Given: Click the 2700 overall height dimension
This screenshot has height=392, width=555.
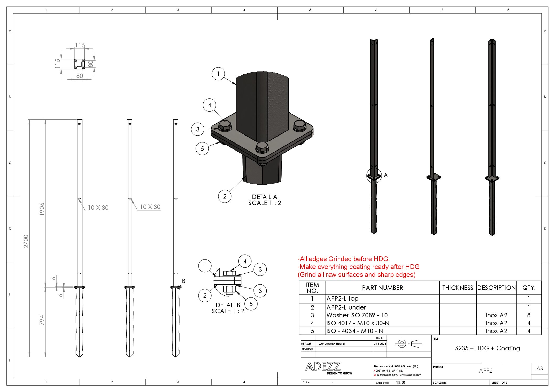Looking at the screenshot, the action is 26,241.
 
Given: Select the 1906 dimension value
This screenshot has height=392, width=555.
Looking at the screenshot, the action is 42,209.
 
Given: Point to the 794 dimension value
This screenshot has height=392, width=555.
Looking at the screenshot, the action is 42,320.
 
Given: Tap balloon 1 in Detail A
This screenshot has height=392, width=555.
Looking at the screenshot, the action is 218,74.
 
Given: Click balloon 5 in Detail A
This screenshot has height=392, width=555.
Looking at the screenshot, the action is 202,149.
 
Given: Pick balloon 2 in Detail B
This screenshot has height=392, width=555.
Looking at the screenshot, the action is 205,296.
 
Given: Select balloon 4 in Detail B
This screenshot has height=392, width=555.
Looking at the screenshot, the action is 245,261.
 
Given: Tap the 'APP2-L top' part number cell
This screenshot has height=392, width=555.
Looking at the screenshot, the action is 342,299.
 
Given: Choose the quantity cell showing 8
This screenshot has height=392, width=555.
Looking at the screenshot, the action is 529,315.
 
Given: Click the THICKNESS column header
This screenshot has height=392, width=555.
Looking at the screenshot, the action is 458,288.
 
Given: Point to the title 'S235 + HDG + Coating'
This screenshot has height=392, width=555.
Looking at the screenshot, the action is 487,348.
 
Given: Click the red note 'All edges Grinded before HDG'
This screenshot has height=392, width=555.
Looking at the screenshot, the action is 344,259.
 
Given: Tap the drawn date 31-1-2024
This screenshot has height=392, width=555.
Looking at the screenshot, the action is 380,344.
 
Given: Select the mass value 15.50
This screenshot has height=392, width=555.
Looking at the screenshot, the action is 401,382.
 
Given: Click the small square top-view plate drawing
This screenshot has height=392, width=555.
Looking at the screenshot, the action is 79,64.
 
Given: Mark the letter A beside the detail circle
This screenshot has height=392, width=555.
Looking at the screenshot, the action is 386,175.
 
